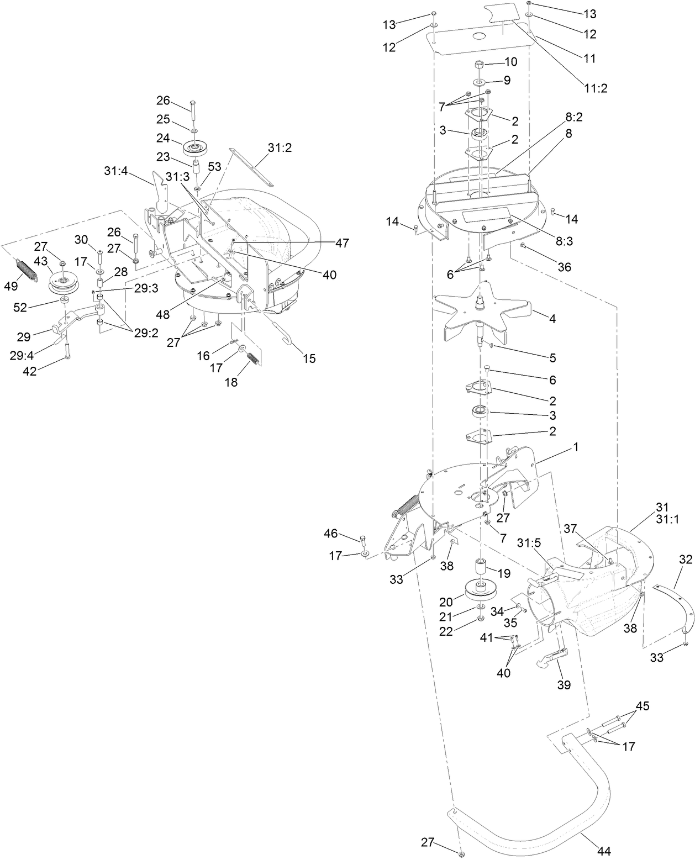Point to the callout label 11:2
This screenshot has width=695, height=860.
pos(594,87)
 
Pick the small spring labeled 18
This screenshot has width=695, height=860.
pos(251,358)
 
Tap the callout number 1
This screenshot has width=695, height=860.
pos(575,447)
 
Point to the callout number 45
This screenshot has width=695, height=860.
pos(642,706)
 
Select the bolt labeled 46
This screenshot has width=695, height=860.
pos(362,540)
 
